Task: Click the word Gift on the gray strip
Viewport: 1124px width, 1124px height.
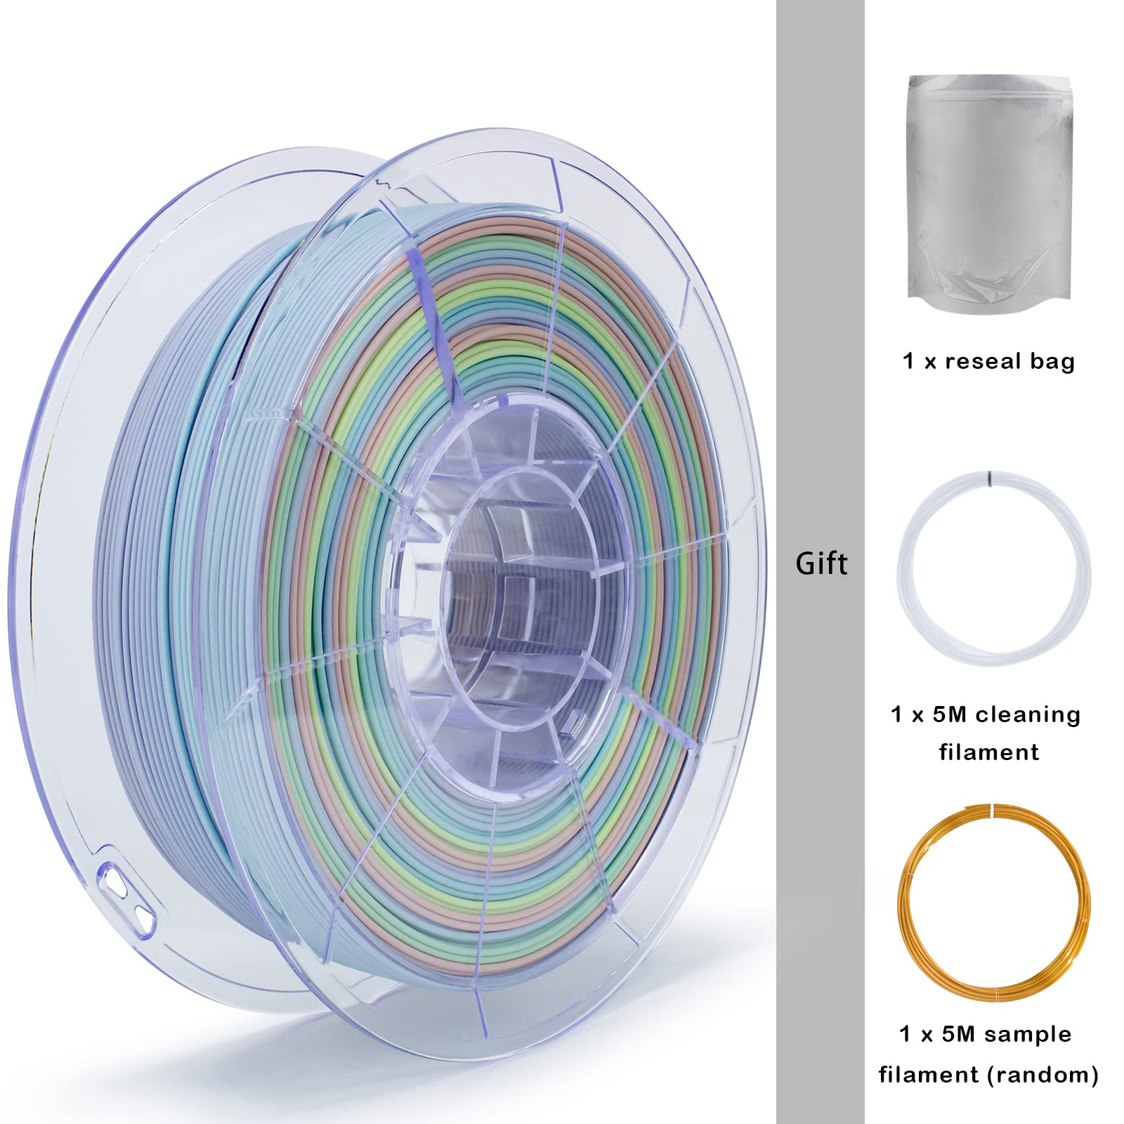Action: coord(821,564)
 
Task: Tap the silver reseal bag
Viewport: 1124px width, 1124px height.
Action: coord(990,190)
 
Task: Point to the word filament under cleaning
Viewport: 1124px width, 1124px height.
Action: coord(989,752)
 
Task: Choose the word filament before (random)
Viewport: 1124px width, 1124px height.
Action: coord(929,1074)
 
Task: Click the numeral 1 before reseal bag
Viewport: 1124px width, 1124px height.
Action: coord(909,362)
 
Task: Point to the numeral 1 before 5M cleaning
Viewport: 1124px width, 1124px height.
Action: coord(896,715)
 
